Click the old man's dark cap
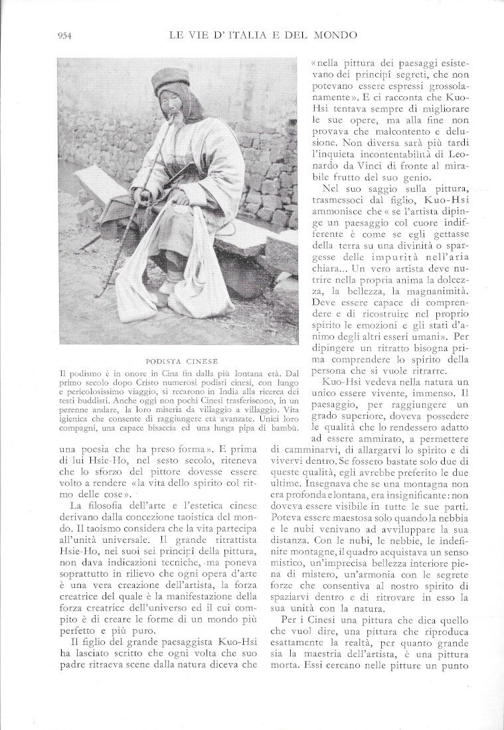tap(171, 80)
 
